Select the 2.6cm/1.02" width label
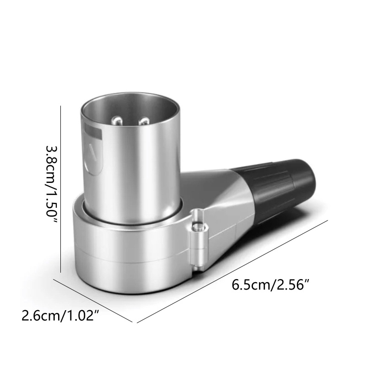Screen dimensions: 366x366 click(x=60, y=316)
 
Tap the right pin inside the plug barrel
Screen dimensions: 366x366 click(x=145, y=122)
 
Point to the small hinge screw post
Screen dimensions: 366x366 click(x=199, y=238)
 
